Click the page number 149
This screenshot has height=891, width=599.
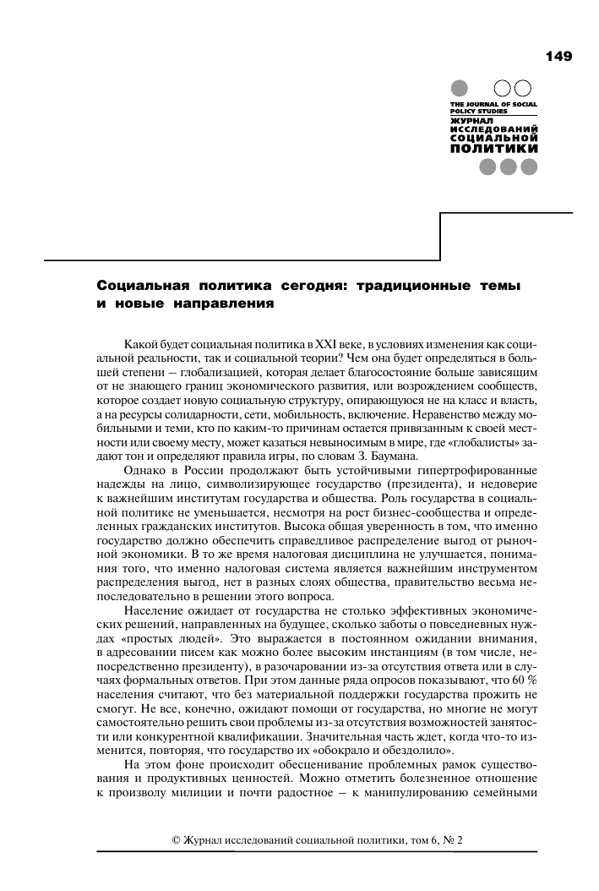[558, 57]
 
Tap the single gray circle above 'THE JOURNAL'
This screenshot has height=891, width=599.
[460, 88]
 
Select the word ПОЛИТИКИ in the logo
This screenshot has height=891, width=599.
[494, 148]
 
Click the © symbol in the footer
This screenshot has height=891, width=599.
[176, 840]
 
